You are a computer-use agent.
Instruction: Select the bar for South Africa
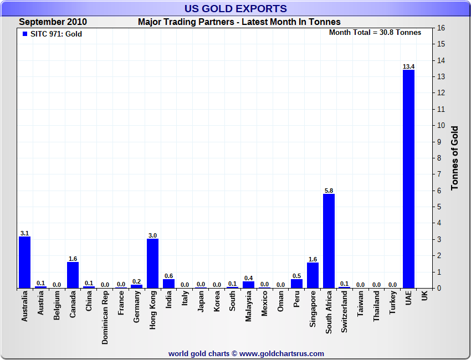click(x=329, y=241)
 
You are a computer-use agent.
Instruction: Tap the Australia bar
click(x=24, y=263)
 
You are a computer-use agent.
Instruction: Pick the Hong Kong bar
click(x=152, y=263)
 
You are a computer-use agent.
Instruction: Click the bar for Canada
click(x=73, y=275)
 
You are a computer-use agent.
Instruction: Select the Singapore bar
click(x=313, y=275)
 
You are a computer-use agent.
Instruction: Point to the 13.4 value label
click(x=408, y=66)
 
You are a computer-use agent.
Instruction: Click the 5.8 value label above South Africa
click(x=329, y=191)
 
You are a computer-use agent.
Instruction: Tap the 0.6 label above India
click(x=168, y=276)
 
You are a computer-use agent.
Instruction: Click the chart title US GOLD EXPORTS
click(x=235, y=8)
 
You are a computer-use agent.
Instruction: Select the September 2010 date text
click(x=53, y=22)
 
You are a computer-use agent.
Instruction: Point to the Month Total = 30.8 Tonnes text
click(x=375, y=32)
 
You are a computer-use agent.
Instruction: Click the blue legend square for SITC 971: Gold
click(x=25, y=34)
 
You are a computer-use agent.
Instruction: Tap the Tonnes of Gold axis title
click(x=455, y=158)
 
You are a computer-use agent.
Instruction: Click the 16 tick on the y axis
click(x=442, y=28)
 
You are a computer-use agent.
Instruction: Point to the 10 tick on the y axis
click(x=442, y=125)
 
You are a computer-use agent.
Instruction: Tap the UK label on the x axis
click(x=424, y=297)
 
